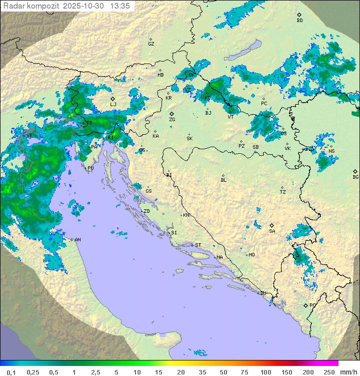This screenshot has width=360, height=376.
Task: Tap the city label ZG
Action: tap(172, 120)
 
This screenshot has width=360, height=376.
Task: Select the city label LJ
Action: tap(113, 104)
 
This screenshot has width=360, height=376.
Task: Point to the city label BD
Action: tap(299, 21)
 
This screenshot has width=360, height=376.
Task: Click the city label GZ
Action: tap(151, 44)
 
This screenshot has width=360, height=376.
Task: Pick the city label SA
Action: tap(272, 231)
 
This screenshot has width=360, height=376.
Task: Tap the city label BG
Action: tap(355, 177)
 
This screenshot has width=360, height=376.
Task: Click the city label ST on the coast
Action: tap(198, 245)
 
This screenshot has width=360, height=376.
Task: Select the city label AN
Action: tap(77, 240)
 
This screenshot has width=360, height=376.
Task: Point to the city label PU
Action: tap(90, 168)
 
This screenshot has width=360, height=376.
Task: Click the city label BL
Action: tap(223, 180)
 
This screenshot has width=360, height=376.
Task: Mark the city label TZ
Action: tap(283, 192)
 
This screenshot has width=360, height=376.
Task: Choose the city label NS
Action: tap(331, 151)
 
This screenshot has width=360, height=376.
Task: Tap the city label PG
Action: tap(312, 305)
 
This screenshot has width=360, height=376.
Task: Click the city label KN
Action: tap(186, 215)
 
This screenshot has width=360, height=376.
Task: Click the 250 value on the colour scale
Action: tap(329, 372)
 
